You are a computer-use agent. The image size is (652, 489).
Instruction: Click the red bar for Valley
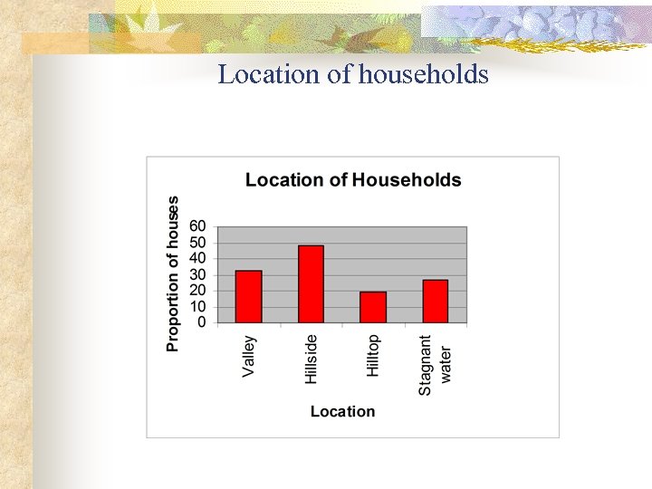[248, 296]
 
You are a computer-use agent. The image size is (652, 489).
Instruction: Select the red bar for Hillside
[311, 283]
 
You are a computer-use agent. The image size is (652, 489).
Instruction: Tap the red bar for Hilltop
[373, 307]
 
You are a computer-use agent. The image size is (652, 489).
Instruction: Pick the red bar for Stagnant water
[436, 301]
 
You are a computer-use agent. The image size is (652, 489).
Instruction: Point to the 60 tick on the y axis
[197, 226]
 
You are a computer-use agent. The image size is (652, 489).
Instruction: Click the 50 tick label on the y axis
[197, 243]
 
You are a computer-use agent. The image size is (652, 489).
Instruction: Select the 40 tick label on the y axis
[197, 258]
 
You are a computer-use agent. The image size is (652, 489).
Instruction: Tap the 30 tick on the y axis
[197, 274]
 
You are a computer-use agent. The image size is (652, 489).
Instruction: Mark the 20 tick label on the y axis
[197, 290]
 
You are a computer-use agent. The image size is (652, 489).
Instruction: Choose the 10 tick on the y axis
[197, 306]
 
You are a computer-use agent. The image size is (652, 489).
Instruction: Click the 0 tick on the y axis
[201, 321]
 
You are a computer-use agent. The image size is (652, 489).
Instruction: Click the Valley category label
[249, 357]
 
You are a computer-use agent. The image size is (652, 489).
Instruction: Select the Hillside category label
[312, 359]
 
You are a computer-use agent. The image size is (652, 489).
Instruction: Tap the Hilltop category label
[373, 356]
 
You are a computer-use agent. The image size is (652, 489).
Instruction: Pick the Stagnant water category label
[436, 365]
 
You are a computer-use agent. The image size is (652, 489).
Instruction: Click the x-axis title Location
[342, 411]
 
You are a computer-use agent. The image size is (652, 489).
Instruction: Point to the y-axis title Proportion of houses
[173, 273]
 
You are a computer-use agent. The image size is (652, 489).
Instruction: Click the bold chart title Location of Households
[353, 179]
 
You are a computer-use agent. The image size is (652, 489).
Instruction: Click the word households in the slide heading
[423, 74]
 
